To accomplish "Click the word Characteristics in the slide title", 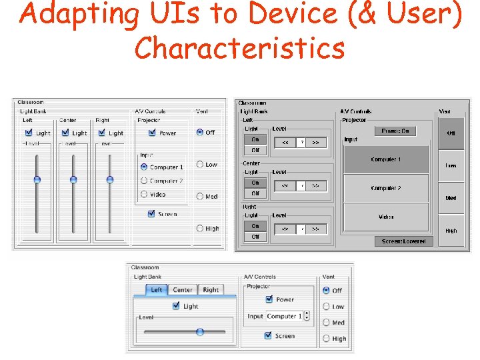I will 239,49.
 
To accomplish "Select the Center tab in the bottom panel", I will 182,290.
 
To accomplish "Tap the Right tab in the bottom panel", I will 211,290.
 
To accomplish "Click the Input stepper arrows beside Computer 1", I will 307,316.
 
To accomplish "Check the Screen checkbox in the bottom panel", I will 269,335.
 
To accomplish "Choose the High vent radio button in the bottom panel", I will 326,338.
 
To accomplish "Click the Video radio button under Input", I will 144,194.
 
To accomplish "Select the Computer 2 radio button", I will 144,181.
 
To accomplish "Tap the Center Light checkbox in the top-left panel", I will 65,133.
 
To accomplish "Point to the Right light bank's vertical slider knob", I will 110,179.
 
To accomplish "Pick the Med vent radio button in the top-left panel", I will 200,196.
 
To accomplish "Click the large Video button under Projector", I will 385,217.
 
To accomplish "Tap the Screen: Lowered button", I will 403,241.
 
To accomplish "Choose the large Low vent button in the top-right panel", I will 451,165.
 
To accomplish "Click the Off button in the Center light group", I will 255,193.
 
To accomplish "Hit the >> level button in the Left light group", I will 316,142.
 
